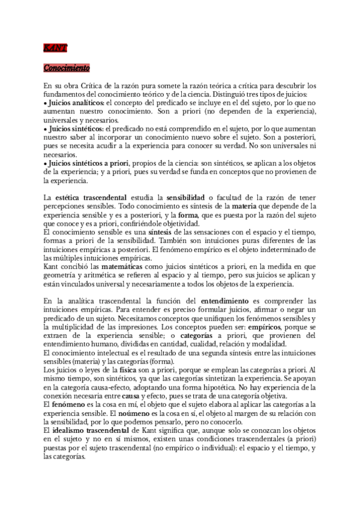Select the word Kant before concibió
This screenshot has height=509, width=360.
pos(52,262)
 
